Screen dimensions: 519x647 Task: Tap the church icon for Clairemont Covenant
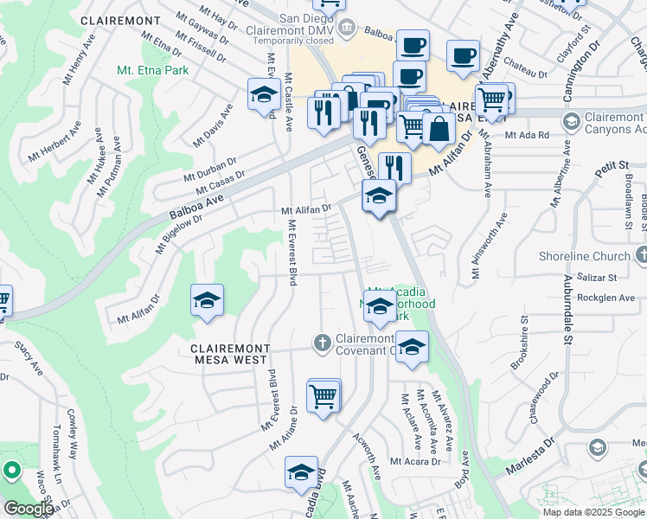pyautogui.click(x=322, y=343)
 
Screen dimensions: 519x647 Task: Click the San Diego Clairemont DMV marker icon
pyautogui.click(x=346, y=27)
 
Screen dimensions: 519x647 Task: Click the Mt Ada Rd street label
pyautogui.click(x=527, y=135)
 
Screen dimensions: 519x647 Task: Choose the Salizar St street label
pyautogui.click(x=598, y=278)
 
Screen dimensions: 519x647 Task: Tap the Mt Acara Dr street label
pyautogui.click(x=415, y=461)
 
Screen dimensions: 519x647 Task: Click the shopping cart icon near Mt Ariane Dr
pyautogui.click(x=323, y=397)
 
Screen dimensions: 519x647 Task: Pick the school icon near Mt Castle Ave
pyautogui.click(x=262, y=96)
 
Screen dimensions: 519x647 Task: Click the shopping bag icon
pyautogui.click(x=439, y=130)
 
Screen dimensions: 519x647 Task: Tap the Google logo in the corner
pyautogui.click(x=29, y=509)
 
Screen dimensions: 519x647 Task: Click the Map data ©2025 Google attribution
pyautogui.click(x=593, y=512)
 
